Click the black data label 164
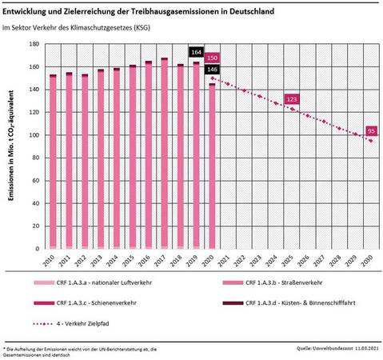(x=194, y=53)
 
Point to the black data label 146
(x=211, y=70)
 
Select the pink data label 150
(x=211, y=58)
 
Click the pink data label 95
(x=370, y=130)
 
